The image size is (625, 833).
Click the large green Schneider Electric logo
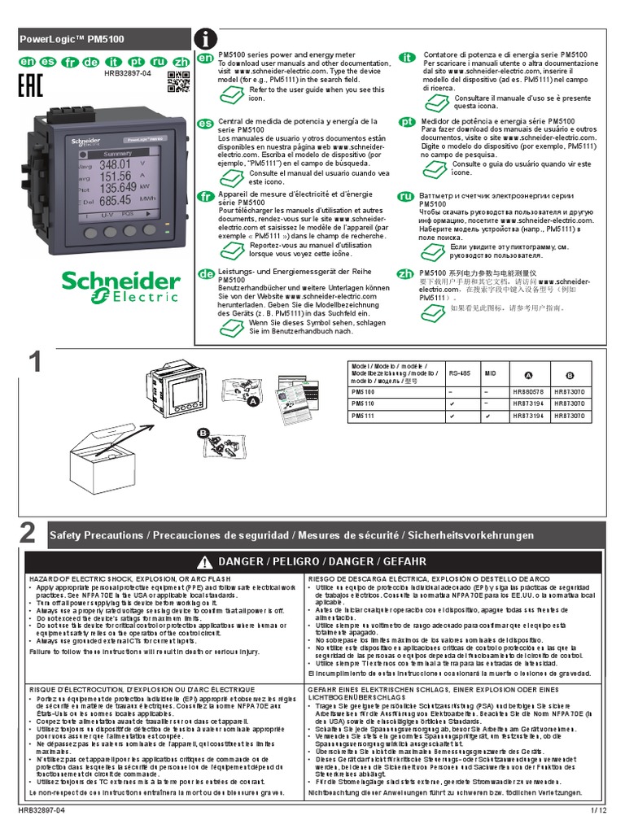(x=121, y=286)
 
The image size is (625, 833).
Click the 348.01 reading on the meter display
(x=115, y=164)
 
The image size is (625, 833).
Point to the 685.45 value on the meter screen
(x=115, y=199)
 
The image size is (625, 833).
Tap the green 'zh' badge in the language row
(x=181, y=62)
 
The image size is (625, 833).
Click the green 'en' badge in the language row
(x=26, y=62)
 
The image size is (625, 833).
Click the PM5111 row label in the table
(x=363, y=416)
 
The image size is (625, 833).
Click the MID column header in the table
(x=491, y=373)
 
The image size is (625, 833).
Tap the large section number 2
(x=28, y=534)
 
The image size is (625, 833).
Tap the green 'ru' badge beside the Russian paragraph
(x=405, y=198)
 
